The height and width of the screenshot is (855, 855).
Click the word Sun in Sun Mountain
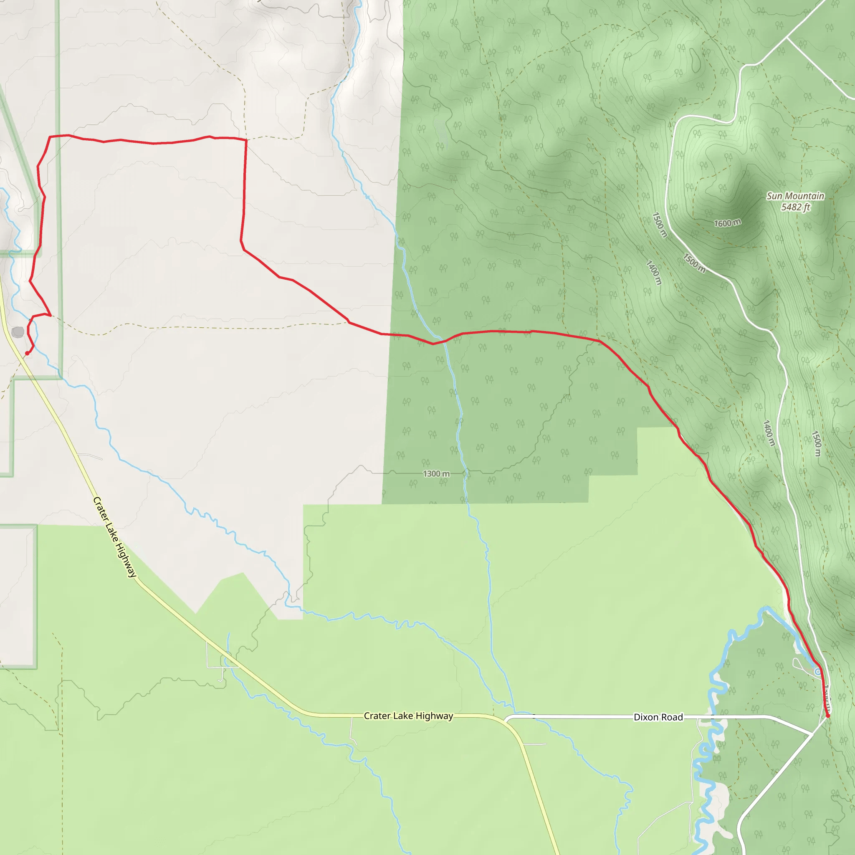(x=774, y=196)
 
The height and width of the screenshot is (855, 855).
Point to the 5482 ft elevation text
(x=795, y=207)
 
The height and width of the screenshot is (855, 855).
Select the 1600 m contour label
(x=727, y=223)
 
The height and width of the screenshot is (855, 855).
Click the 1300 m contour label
(x=436, y=473)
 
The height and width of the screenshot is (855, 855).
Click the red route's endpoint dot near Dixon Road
(x=827, y=715)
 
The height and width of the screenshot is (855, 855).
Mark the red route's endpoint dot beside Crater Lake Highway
(x=27, y=353)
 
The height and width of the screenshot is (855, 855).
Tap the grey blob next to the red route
(x=18, y=332)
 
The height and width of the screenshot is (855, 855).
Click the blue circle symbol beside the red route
(x=817, y=672)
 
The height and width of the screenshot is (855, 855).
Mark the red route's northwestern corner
(x=49, y=137)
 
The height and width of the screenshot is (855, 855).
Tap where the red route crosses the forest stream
(x=443, y=341)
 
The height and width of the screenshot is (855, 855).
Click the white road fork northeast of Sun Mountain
(x=787, y=38)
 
